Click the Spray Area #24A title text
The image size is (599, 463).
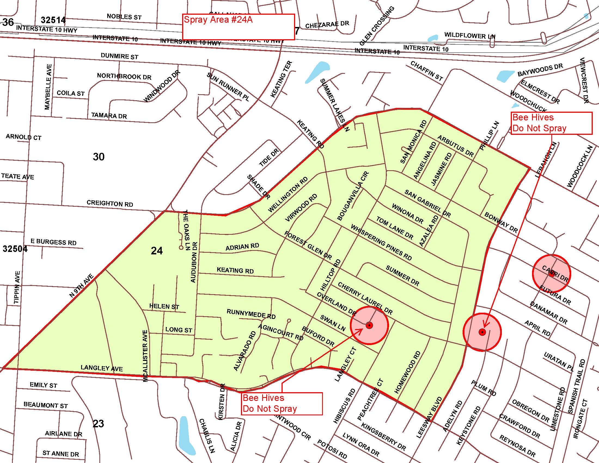(218, 20)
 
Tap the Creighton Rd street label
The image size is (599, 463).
(110, 203)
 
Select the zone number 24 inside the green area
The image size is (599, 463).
(157, 251)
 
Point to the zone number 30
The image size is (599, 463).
(99, 157)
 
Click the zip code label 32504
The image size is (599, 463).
(15, 249)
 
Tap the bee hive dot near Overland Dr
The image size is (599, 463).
(369, 325)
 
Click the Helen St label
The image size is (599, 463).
(164, 306)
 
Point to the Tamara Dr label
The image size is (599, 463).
(109, 115)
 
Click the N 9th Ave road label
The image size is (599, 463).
(81, 286)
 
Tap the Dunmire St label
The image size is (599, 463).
(119, 56)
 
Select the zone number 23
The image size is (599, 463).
(98, 424)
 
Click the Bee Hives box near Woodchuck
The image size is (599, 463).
(551, 123)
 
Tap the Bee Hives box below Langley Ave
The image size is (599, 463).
(282, 403)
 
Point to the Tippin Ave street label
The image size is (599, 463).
(17, 287)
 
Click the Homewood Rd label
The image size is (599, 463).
(407, 372)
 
